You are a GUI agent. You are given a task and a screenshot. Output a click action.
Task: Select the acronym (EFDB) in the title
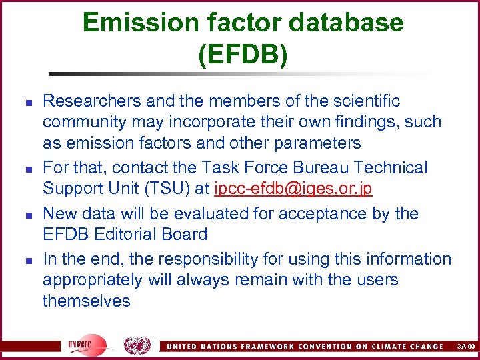(x=243, y=55)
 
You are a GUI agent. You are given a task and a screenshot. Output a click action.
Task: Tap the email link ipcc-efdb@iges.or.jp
(x=293, y=189)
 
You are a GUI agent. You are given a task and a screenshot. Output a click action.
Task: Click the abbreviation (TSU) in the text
(x=165, y=189)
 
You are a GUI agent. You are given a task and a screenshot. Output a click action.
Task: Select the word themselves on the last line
(x=87, y=301)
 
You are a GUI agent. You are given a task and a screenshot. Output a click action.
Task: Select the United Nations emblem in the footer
(x=137, y=345)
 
